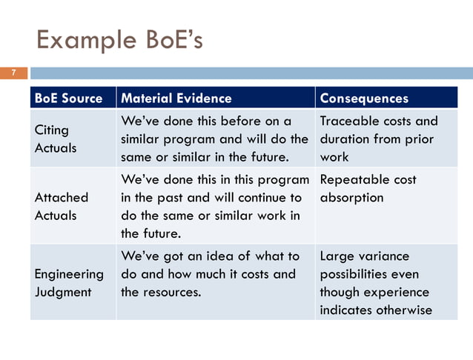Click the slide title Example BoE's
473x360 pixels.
point(120,39)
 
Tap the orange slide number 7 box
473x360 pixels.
point(13,73)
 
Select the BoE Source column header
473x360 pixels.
point(68,99)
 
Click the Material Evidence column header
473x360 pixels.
point(176,99)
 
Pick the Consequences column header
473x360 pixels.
point(364,99)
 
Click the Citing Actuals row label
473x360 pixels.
point(56,139)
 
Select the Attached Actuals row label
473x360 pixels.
point(62,207)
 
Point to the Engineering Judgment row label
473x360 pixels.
point(69,283)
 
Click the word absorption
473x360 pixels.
point(351,198)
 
